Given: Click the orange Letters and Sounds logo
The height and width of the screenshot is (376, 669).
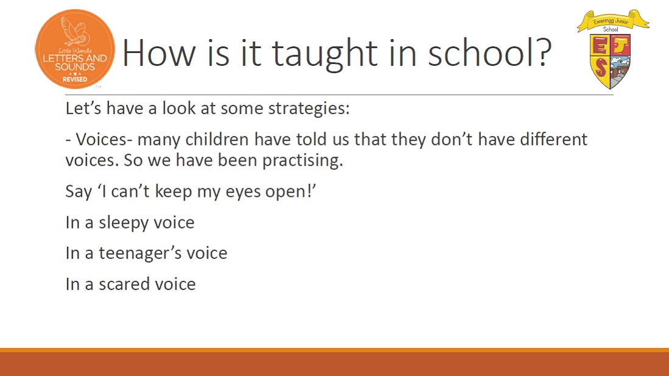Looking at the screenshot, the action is point(75,49).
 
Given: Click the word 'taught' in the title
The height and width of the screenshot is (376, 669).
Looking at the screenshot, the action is point(325,54).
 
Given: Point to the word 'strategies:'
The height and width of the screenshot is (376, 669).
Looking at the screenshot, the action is point(309,108).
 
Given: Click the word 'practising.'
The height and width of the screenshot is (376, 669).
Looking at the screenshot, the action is point(303,161).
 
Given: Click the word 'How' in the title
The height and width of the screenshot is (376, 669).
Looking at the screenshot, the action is point(159,52).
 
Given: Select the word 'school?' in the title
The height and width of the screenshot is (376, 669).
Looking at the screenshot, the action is point(490,52).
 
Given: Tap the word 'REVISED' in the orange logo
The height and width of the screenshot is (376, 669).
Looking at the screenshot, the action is point(75,79).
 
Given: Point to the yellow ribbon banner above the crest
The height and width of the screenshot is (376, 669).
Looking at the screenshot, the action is point(613,21).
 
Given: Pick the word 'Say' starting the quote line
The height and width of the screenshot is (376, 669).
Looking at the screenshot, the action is point(79,193).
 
